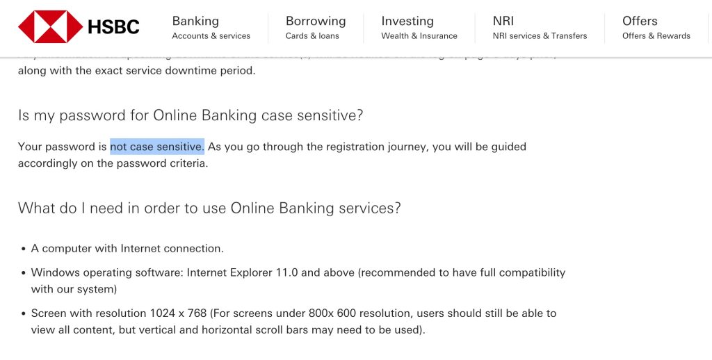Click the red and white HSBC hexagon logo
tap(50, 27)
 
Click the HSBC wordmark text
tap(113, 27)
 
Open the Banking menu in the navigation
tap(195, 21)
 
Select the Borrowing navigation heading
tap(315, 21)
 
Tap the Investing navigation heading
tap(407, 21)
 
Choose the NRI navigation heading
tap(503, 21)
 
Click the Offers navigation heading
tap(640, 21)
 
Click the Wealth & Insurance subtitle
tap(419, 36)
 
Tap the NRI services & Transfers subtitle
tap(540, 36)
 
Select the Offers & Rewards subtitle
tap(656, 36)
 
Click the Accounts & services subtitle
tap(211, 36)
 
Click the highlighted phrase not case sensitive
tap(156, 147)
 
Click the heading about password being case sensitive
tap(191, 115)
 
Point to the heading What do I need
tap(209, 208)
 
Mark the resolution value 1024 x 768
tap(178, 313)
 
